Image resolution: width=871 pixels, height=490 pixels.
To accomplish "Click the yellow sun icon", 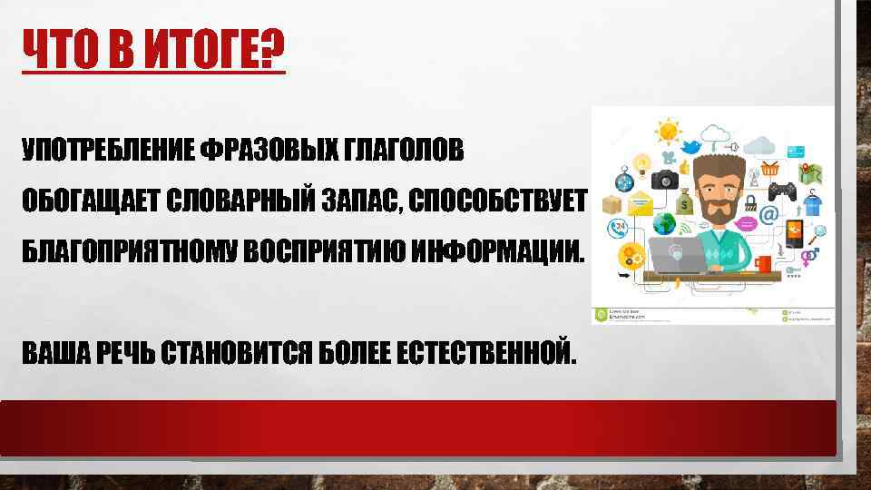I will [x=670, y=131].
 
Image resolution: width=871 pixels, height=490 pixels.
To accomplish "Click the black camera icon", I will [x=665, y=179].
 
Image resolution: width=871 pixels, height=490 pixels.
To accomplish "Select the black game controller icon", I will [x=782, y=191].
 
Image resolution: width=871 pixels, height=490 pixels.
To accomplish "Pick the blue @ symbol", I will [x=768, y=215].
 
